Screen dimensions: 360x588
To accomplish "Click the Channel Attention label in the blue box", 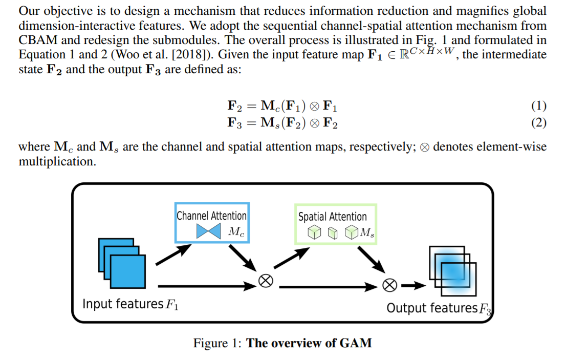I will (x=211, y=216).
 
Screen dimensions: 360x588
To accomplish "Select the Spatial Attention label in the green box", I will (x=333, y=217).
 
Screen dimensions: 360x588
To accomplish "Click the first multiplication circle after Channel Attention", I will (x=265, y=280).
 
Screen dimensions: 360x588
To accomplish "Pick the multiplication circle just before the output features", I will (x=390, y=285).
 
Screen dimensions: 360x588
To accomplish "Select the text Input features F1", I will (x=130, y=304).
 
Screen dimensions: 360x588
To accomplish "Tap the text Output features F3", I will (x=439, y=308).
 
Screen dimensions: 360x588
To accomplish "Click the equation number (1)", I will (x=538, y=107).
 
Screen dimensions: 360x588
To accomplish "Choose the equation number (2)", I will (x=538, y=123).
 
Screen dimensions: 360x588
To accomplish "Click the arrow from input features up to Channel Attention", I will (x=170, y=255).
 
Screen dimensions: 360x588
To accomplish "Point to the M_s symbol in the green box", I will (x=366, y=233).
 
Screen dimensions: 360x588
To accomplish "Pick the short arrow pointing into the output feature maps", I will (x=413, y=285).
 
